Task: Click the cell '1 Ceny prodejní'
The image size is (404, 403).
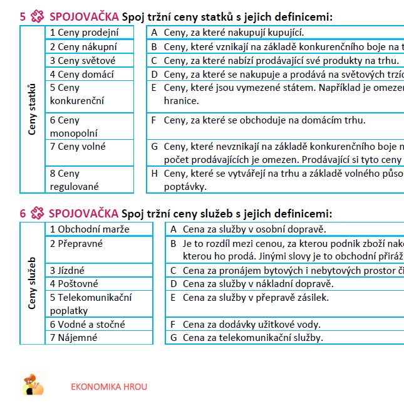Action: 98,33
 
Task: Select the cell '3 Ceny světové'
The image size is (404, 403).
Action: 98,60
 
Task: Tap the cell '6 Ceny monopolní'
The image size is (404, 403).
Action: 98,126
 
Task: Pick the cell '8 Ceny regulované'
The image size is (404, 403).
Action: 98,179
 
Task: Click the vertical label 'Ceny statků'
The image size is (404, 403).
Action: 33,110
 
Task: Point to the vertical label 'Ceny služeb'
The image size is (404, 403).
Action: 33,283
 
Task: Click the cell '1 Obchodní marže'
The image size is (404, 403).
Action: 98,229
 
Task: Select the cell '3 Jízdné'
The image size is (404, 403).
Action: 98,270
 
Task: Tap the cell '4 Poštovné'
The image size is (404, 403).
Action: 98,284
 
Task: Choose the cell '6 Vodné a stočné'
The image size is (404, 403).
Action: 98,324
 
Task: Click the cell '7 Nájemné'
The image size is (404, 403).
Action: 98,338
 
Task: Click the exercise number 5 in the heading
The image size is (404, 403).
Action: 23,17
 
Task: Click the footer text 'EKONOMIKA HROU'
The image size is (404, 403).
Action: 109,386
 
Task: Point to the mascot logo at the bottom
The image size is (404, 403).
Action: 33,384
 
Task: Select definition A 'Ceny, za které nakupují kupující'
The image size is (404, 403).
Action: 238,33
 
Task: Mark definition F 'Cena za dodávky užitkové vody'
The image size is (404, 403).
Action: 251,324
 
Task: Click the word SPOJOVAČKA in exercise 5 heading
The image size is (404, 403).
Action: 83,17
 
